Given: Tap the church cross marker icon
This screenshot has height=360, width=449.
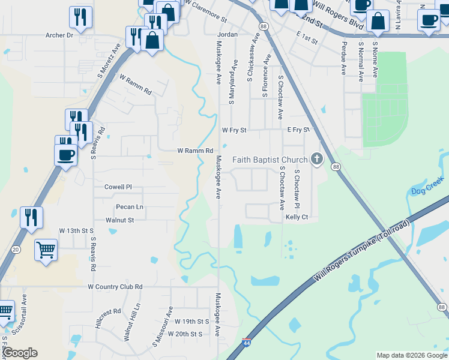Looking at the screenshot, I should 317,160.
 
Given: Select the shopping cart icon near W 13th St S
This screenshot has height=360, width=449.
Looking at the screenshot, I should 46,249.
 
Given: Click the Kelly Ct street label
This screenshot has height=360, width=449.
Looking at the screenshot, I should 297,217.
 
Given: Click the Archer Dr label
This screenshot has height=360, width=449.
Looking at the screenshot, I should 59,35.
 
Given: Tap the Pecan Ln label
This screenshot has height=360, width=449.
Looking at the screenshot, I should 130,207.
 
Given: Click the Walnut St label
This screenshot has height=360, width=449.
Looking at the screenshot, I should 119,220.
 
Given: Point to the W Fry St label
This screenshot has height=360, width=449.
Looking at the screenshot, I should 234,130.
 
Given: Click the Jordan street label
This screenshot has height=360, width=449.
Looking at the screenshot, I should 228,35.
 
